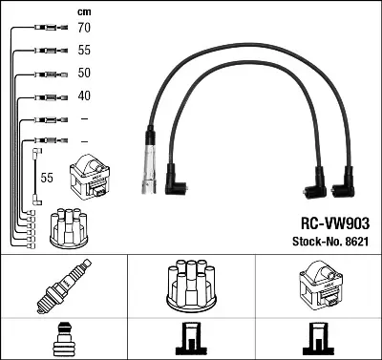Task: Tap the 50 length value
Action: [x=85, y=74]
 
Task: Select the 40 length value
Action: [x=85, y=95]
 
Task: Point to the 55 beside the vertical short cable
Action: [x=47, y=177]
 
